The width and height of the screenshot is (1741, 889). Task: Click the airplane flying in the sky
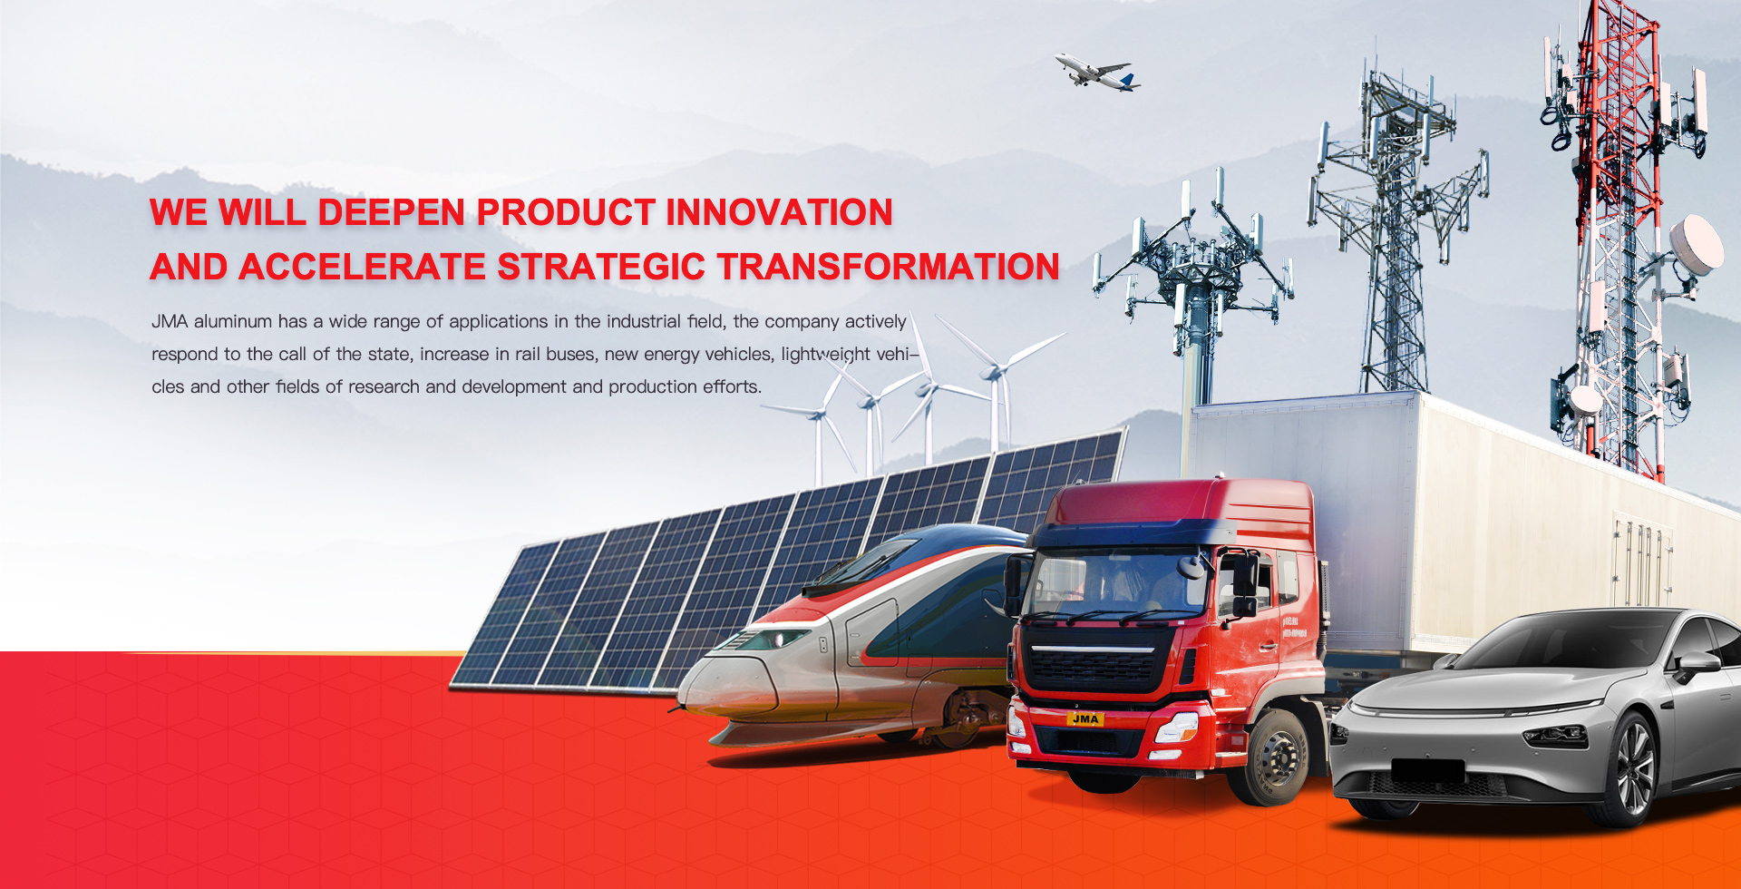coord(1096,72)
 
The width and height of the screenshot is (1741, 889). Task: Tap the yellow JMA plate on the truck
coord(1085,719)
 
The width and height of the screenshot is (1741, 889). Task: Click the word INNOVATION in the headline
coord(780,212)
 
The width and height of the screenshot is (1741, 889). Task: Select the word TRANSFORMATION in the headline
coord(888,267)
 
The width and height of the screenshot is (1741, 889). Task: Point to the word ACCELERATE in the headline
coord(363,267)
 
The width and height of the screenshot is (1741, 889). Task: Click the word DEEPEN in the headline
coord(392,212)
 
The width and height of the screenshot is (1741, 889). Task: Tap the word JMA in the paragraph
coord(170,321)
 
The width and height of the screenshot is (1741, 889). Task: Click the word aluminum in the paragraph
coord(233,321)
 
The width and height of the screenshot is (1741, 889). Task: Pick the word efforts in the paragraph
coord(732,386)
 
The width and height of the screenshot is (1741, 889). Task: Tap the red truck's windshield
coord(1118,584)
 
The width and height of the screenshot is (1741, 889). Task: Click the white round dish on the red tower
coord(1697,244)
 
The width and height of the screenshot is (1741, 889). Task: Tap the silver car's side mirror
coord(1694,666)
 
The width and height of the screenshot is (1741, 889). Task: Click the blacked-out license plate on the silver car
coord(1428,771)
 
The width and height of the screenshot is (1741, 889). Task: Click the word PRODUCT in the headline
coord(566,212)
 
